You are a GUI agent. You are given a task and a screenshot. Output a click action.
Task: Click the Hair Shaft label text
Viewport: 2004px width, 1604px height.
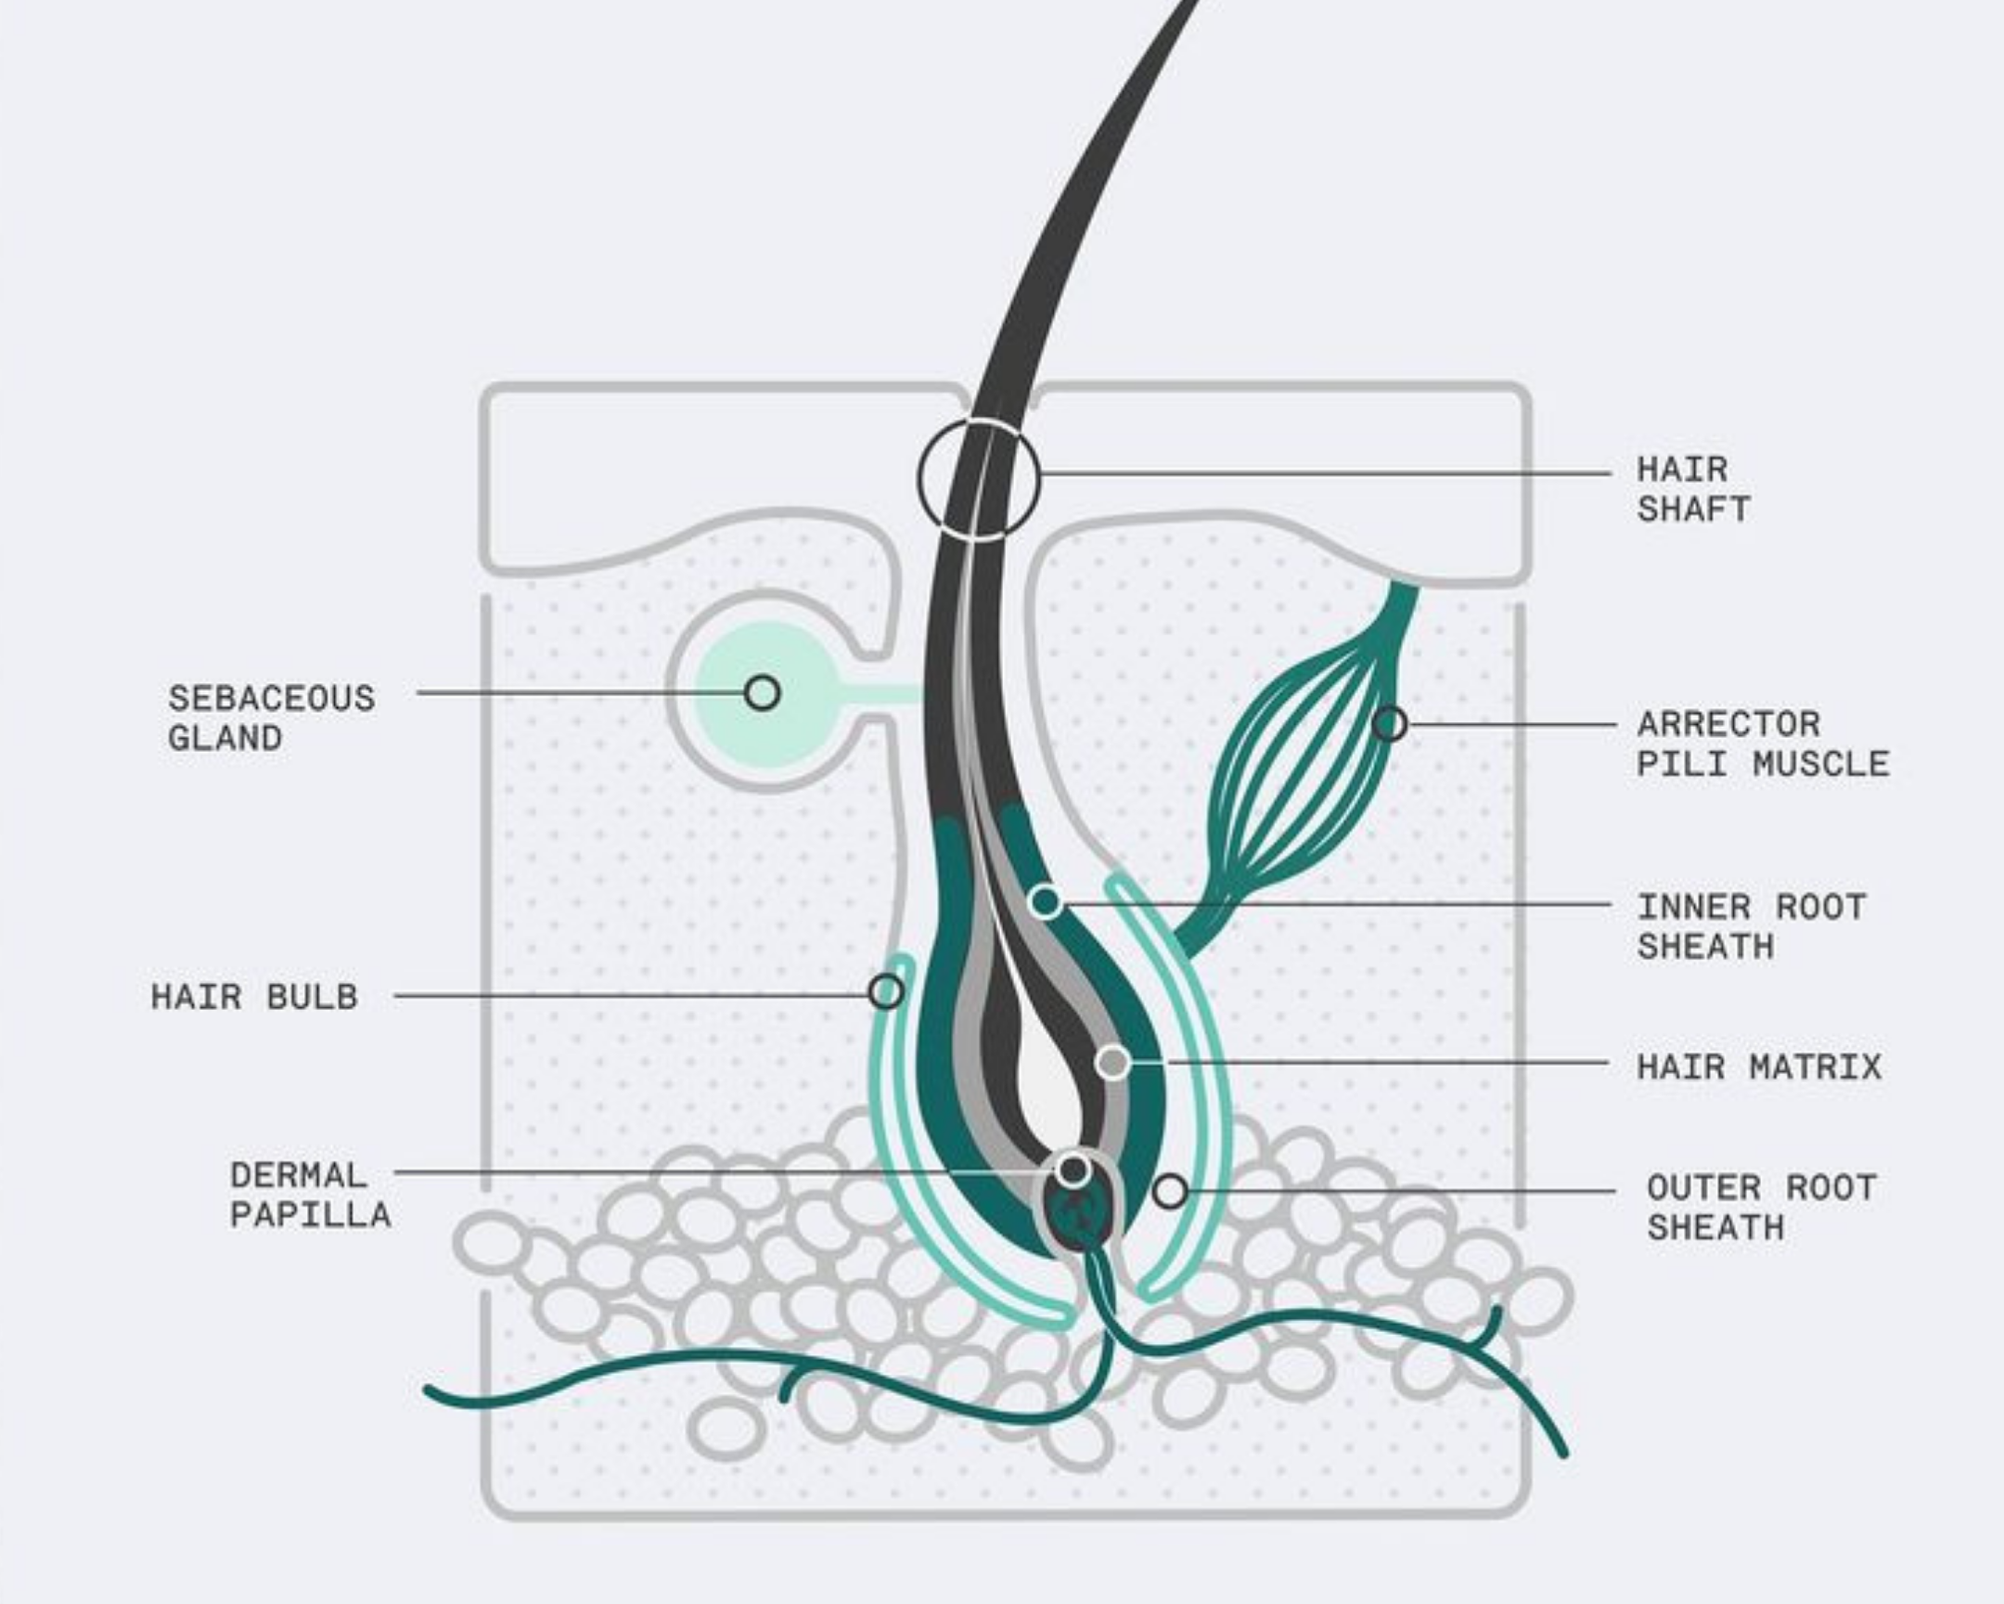click(1692, 489)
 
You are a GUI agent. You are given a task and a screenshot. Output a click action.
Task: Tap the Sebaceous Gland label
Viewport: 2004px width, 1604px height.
click(271, 718)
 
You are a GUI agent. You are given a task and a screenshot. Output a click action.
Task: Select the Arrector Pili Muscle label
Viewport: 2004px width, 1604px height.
click(1763, 744)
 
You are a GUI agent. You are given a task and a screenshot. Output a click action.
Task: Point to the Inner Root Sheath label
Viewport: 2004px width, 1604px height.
click(1750, 926)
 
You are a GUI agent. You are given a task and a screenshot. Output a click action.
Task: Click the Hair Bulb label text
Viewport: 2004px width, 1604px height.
click(254, 997)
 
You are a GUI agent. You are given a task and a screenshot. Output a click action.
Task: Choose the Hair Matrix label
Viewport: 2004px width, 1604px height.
click(1759, 1067)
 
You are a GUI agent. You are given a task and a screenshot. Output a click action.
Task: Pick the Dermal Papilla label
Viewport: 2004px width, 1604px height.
click(310, 1195)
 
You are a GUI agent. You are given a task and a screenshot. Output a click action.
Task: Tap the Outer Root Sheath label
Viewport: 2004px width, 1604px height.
click(1761, 1207)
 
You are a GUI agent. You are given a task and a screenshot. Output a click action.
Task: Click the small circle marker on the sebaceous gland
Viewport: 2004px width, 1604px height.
click(763, 692)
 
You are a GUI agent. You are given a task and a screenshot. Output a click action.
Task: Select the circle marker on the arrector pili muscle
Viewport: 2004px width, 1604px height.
click(1390, 723)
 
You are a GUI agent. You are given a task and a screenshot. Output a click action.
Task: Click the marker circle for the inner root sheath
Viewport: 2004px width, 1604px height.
click(1046, 901)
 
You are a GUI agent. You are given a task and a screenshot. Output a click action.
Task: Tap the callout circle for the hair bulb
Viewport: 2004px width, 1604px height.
click(886, 991)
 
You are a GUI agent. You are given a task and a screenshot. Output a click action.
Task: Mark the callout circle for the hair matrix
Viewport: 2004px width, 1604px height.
click(1112, 1062)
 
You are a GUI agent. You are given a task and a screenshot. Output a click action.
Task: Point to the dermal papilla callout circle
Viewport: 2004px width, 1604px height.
click(1074, 1170)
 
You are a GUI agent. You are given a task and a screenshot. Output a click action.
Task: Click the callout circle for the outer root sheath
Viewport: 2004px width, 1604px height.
click(1170, 1191)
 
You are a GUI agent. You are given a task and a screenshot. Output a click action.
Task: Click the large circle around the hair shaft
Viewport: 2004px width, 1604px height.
click(979, 479)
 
